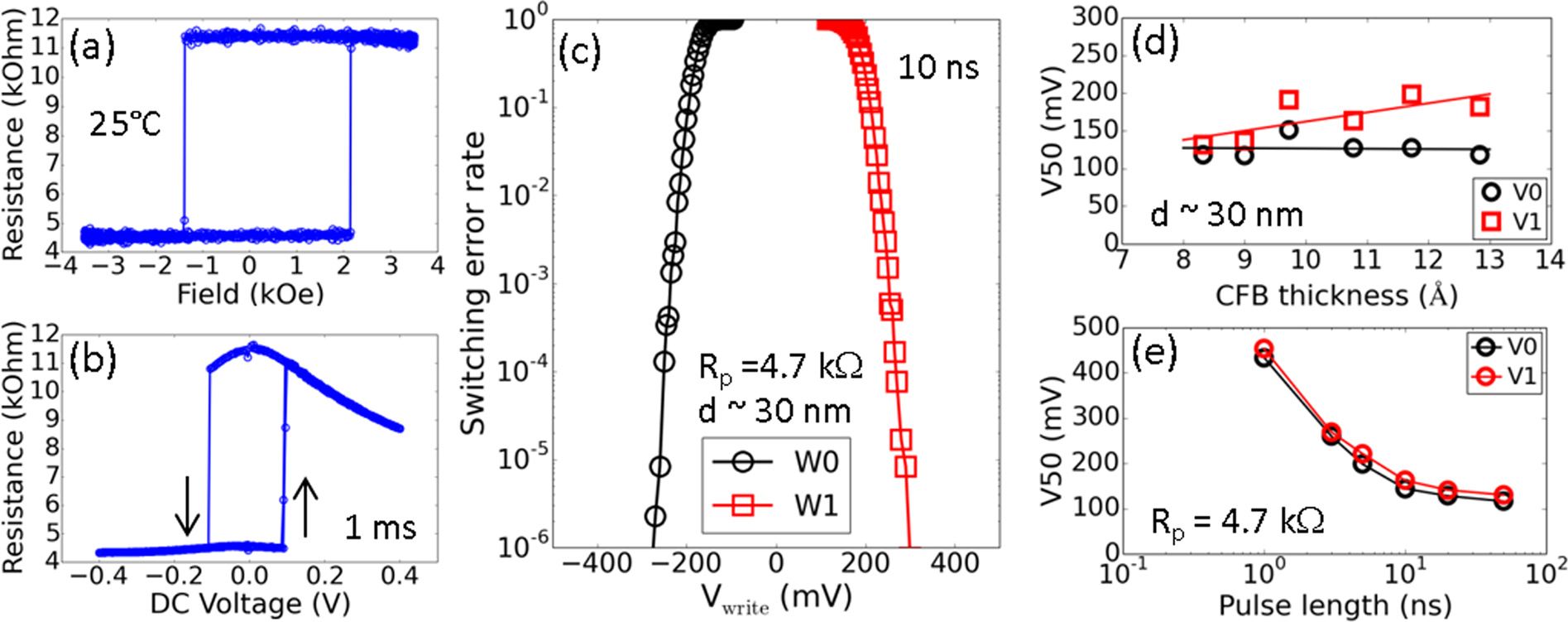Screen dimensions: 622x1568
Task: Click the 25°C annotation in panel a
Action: tap(124, 124)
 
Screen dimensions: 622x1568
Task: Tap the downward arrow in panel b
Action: tap(189, 506)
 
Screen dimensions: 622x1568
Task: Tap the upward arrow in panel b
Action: tap(305, 506)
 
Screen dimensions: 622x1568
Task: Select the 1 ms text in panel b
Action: tap(380, 528)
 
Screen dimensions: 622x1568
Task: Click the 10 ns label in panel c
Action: tap(938, 67)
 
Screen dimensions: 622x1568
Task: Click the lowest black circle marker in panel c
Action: tap(655, 517)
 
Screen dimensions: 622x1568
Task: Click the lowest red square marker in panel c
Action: tap(905, 466)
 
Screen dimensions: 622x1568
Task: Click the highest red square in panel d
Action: tap(1412, 94)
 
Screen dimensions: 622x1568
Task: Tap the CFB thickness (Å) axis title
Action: tap(1335, 296)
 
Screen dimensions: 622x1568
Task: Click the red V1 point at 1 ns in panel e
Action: tap(1264, 349)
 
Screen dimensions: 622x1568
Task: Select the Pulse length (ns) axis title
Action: tap(1335, 605)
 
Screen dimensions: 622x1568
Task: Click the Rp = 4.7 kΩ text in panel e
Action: tap(1236, 522)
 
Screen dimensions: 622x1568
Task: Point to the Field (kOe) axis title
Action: tap(250, 293)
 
